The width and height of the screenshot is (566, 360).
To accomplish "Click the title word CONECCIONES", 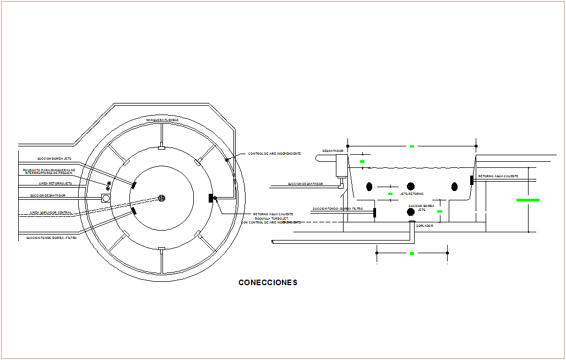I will pos(268,282).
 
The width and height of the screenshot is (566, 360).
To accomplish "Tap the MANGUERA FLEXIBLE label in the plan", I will pos(162,119).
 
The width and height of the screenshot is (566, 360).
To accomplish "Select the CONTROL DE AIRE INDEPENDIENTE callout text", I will pos(274,154).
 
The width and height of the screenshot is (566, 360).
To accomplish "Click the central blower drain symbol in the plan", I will pos(162,198).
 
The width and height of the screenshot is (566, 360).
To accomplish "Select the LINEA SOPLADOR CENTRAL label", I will pos(51,212).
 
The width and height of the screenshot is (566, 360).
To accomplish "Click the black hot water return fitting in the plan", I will pos(211,198).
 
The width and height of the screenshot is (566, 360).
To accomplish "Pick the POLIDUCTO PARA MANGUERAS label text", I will pos(49,171).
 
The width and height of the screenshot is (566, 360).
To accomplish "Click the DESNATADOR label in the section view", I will pos(333,150).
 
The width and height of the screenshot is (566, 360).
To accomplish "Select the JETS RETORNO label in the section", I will pos(412,194).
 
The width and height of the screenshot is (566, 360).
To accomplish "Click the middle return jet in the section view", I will pos(410,187).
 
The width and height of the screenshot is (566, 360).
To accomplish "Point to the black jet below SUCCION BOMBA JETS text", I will pos(410,212).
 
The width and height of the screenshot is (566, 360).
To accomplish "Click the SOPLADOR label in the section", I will pos(425,226).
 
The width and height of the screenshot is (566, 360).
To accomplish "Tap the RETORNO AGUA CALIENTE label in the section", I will pos(498,176).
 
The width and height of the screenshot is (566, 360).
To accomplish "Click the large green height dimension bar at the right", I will pos(527,200).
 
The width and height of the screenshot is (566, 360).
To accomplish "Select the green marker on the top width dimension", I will pos(412,146).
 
